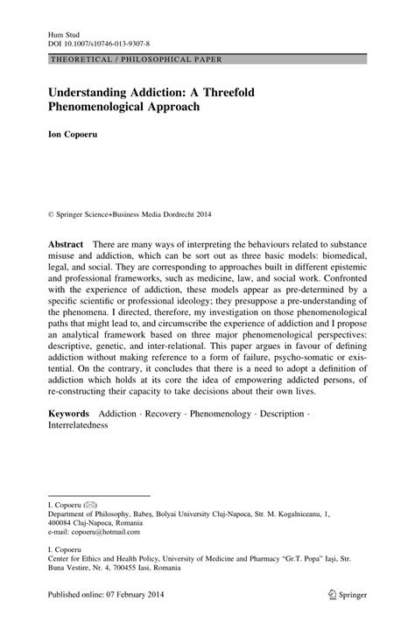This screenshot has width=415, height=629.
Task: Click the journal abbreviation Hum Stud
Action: (x=52, y=29)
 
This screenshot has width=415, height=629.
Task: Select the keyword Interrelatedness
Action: (x=77, y=426)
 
